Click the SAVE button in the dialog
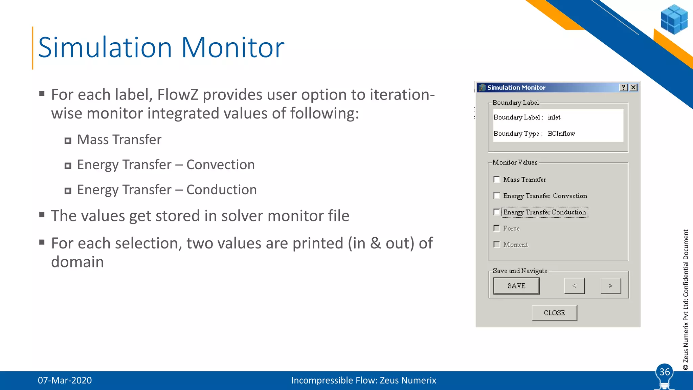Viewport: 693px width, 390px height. [x=516, y=286]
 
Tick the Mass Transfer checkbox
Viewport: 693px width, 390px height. [x=497, y=179]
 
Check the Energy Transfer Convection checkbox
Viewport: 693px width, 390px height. [x=497, y=196]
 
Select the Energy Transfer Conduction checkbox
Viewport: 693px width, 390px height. [x=497, y=212]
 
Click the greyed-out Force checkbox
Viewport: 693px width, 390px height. [x=497, y=228]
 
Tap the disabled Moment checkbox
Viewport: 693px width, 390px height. [x=497, y=244]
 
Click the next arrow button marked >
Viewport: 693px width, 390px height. [x=610, y=286]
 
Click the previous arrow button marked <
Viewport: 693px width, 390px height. [x=574, y=286]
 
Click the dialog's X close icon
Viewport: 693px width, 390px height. [x=633, y=87]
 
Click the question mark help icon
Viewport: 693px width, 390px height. [x=623, y=87]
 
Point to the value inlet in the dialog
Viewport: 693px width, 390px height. [x=554, y=117]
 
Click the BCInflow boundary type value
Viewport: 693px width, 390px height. [x=561, y=133]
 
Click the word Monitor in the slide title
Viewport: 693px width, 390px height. [x=233, y=47]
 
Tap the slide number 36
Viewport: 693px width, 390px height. [x=665, y=372]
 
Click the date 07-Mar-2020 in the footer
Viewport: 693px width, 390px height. [x=65, y=380]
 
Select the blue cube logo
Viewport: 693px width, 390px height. [x=674, y=19]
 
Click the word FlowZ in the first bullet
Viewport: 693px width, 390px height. [x=178, y=94]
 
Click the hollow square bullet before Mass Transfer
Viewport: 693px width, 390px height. [x=68, y=141]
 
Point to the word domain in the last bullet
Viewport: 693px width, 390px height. [x=77, y=262]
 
